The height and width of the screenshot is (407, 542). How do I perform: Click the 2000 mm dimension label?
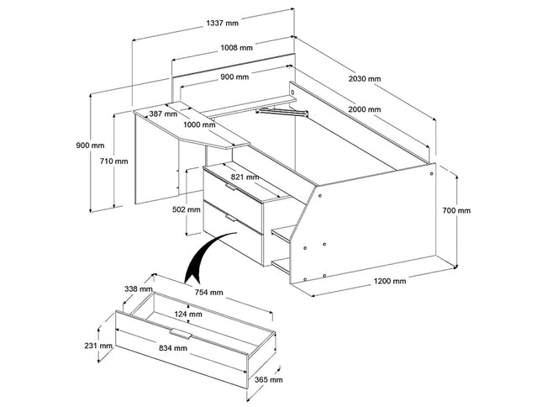point(363,110)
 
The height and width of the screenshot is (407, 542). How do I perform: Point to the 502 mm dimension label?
point(184,210)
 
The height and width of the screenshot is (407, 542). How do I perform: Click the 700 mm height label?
point(458,210)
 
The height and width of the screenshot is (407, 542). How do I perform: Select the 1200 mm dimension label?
point(389,281)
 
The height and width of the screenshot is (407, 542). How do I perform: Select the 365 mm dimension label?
point(268,380)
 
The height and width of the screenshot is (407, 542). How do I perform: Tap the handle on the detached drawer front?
point(183,336)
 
